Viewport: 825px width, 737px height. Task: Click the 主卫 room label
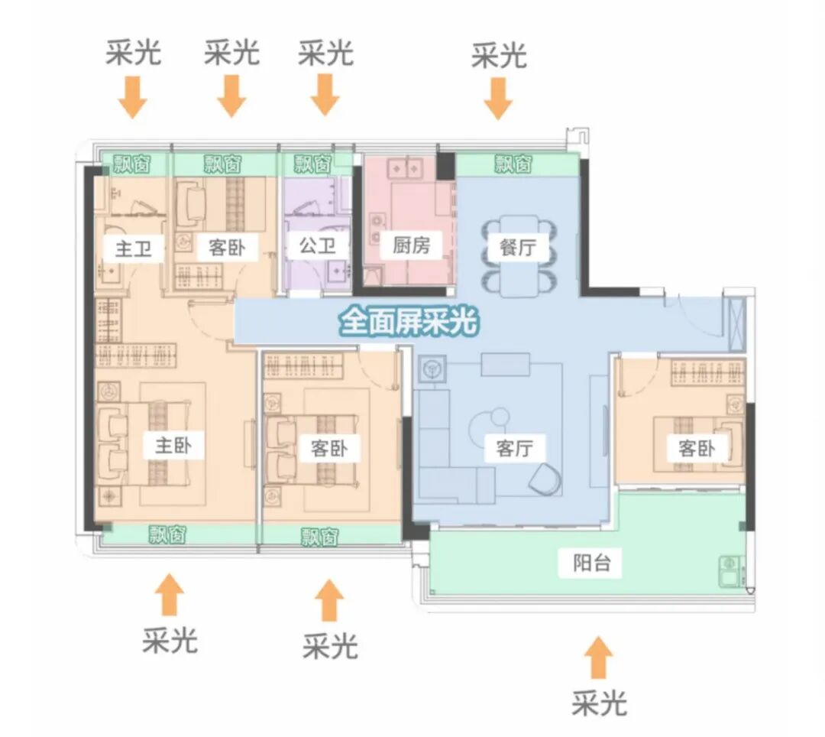[x=134, y=248]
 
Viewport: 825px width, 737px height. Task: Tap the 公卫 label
[x=313, y=246]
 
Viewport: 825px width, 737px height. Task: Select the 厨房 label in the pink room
[x=412, y=245]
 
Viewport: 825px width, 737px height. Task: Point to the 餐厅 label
[x=518, y=248]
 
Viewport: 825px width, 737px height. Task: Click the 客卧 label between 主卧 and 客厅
[x=329, y=449]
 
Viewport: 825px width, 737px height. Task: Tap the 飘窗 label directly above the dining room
[x=513, y=164]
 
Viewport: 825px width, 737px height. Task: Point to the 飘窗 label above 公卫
[x=313, y=163]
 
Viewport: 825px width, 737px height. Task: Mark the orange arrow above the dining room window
[x=498, y=99]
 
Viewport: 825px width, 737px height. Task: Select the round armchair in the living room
[x=547, y=478]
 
